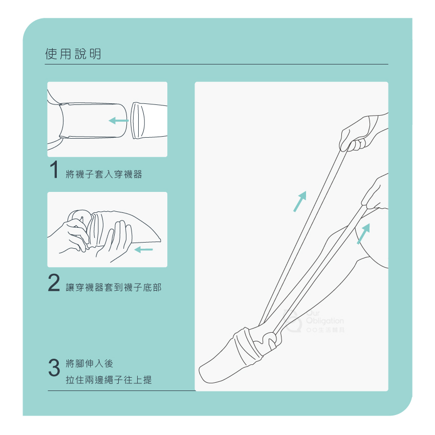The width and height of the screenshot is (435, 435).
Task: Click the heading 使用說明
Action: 73,54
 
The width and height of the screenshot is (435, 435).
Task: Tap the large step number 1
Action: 54,169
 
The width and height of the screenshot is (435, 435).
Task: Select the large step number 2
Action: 54,282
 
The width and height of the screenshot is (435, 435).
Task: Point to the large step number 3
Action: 54,367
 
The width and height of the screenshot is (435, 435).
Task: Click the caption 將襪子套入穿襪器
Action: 104,174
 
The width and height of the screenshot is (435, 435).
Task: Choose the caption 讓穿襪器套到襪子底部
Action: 114,287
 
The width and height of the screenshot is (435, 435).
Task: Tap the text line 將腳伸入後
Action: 90,363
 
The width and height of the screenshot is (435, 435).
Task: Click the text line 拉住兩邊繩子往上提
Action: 108,380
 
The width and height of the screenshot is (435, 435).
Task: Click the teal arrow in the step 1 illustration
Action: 119,121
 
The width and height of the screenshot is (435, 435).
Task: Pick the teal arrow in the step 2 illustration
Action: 143,249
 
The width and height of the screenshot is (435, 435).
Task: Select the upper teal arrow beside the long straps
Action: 300,201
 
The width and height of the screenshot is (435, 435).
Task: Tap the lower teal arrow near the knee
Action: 363,233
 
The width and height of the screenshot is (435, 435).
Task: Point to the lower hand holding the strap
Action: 375,194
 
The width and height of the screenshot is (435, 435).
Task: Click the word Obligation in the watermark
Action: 324,321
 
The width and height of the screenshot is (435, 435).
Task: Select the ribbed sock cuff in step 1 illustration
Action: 138,121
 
